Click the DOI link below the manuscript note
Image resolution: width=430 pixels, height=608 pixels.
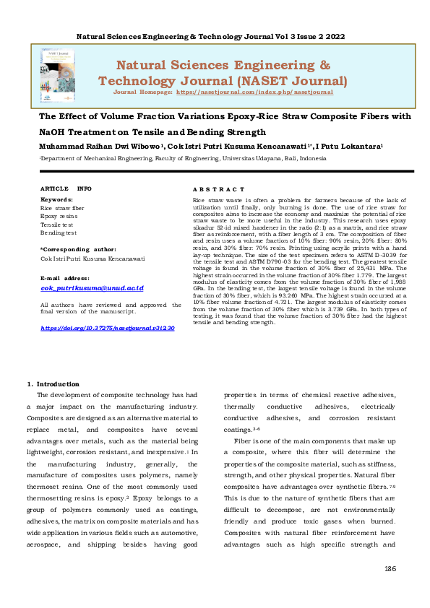[x=108, y=328]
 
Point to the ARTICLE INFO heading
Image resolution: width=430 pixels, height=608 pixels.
[x=66, y=188]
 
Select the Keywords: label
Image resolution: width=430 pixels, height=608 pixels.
[x=57, y=199]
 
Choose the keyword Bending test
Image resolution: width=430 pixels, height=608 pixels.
[x=59, y=233]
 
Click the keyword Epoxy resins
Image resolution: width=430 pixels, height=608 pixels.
[x=59, y=216]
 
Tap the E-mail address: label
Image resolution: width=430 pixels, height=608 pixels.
[x=65, y=277]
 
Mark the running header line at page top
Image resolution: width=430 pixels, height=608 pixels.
[x=215, y=35]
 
